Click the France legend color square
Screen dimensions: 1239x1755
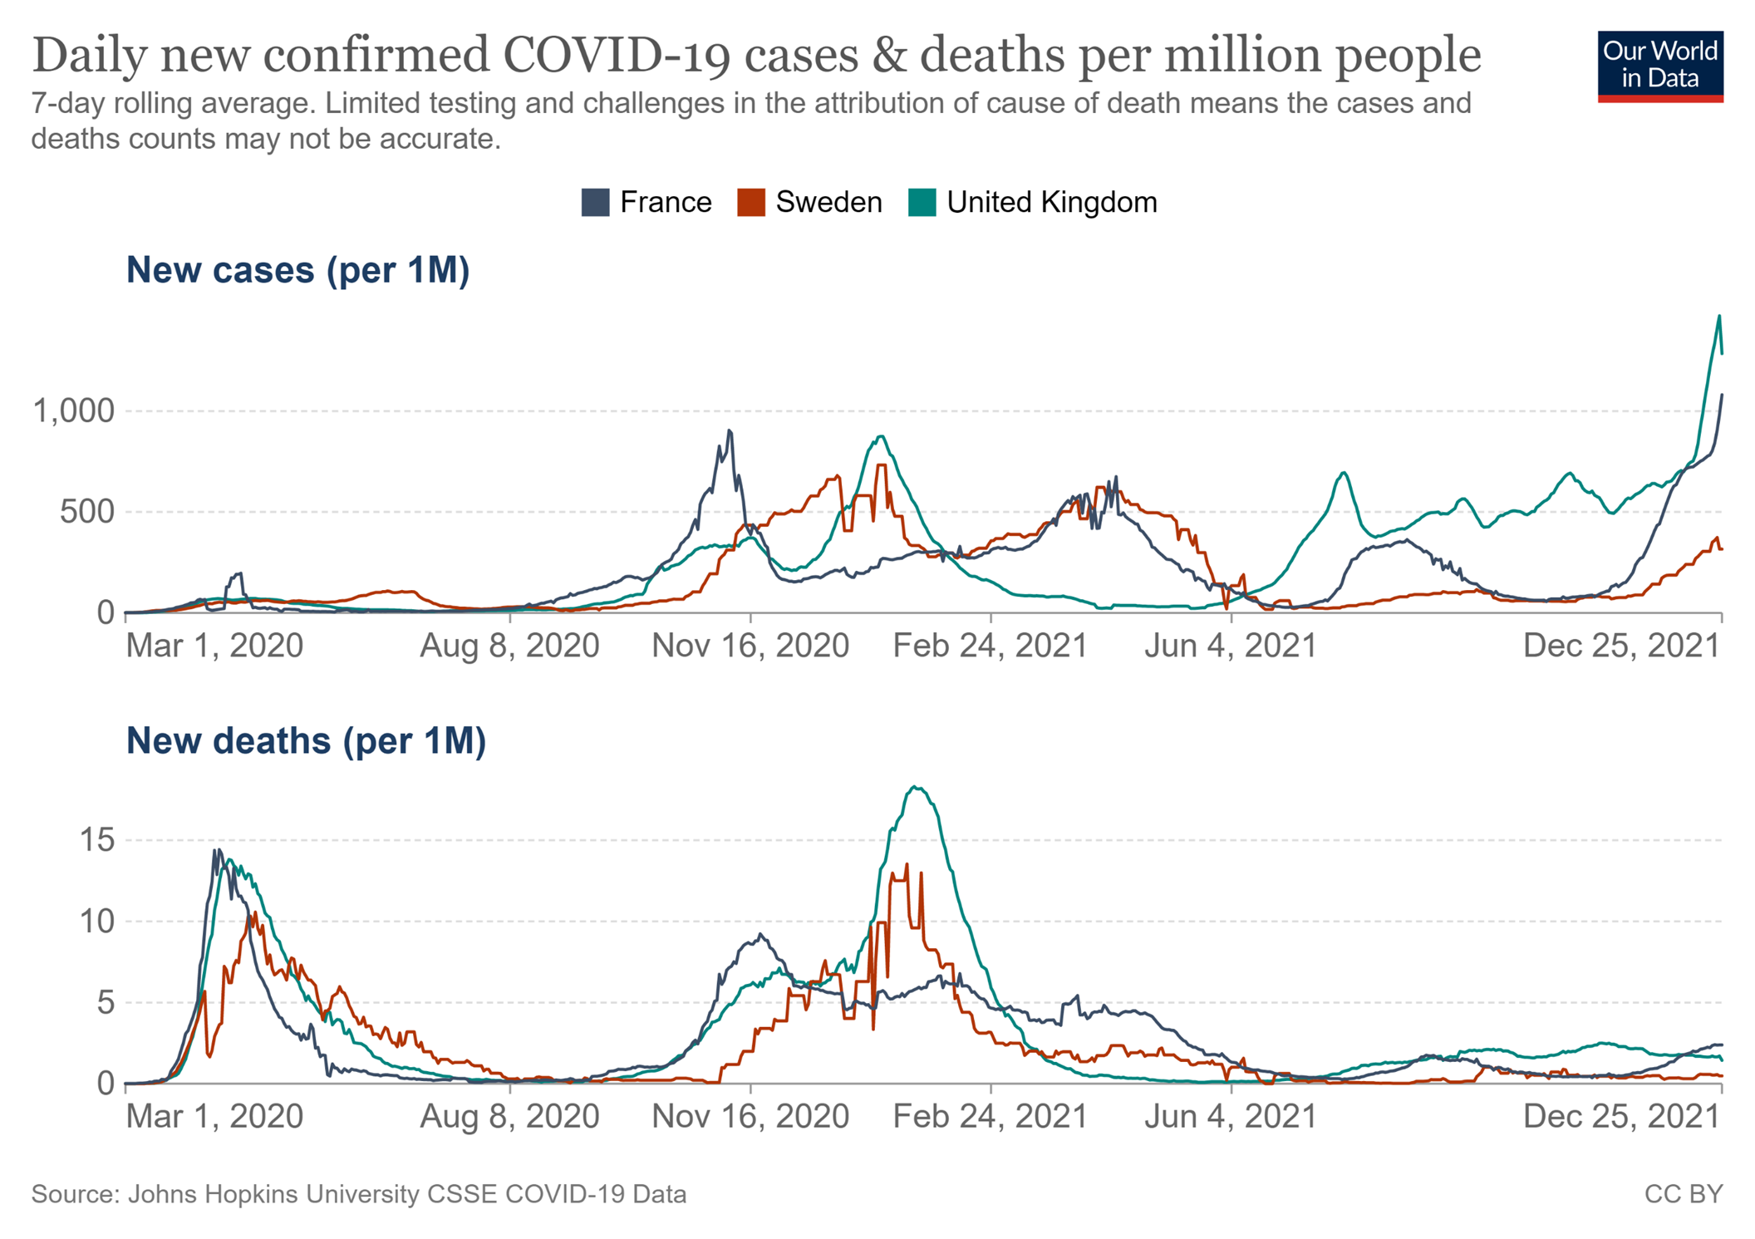(595, 203)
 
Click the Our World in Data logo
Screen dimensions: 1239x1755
(1659, 66)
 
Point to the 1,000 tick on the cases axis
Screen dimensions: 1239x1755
(73, 411)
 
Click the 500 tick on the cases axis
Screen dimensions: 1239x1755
(86, 512)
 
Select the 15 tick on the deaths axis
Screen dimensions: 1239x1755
(96, 840)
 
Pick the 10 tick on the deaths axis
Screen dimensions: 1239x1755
(96, 921)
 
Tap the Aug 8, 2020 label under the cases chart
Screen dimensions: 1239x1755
(509, 646)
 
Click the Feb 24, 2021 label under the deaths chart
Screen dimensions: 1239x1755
(990, 1116)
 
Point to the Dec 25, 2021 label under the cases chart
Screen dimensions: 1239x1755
(1620, 646)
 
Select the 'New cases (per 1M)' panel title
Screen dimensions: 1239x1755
(297, 270)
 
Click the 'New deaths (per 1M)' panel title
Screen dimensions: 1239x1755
(306, 740)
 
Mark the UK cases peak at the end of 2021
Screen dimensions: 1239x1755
(1719, 316)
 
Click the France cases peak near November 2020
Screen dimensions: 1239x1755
(730, 430)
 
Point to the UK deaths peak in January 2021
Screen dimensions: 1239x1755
(915, 787)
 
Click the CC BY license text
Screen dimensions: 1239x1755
(1684, 1194)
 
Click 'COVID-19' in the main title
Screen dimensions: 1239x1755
(617, 55)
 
